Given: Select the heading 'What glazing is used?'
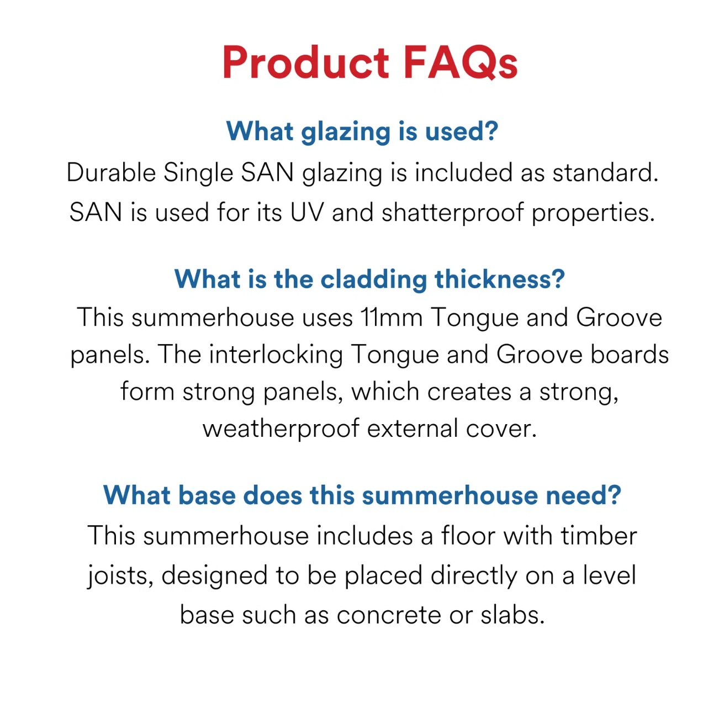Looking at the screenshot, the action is tap(362, 132).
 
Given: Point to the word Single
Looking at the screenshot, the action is tap(198, 173).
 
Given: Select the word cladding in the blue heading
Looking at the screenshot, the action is tap(373, 280).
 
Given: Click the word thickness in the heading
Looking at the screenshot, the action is tap(500, 279).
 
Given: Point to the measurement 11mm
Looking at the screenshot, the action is tap(392, 318).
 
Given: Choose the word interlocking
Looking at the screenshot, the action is tap(276, 355).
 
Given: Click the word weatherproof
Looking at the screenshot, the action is tap(281, 429).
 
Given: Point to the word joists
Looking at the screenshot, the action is tap(120, 577).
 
